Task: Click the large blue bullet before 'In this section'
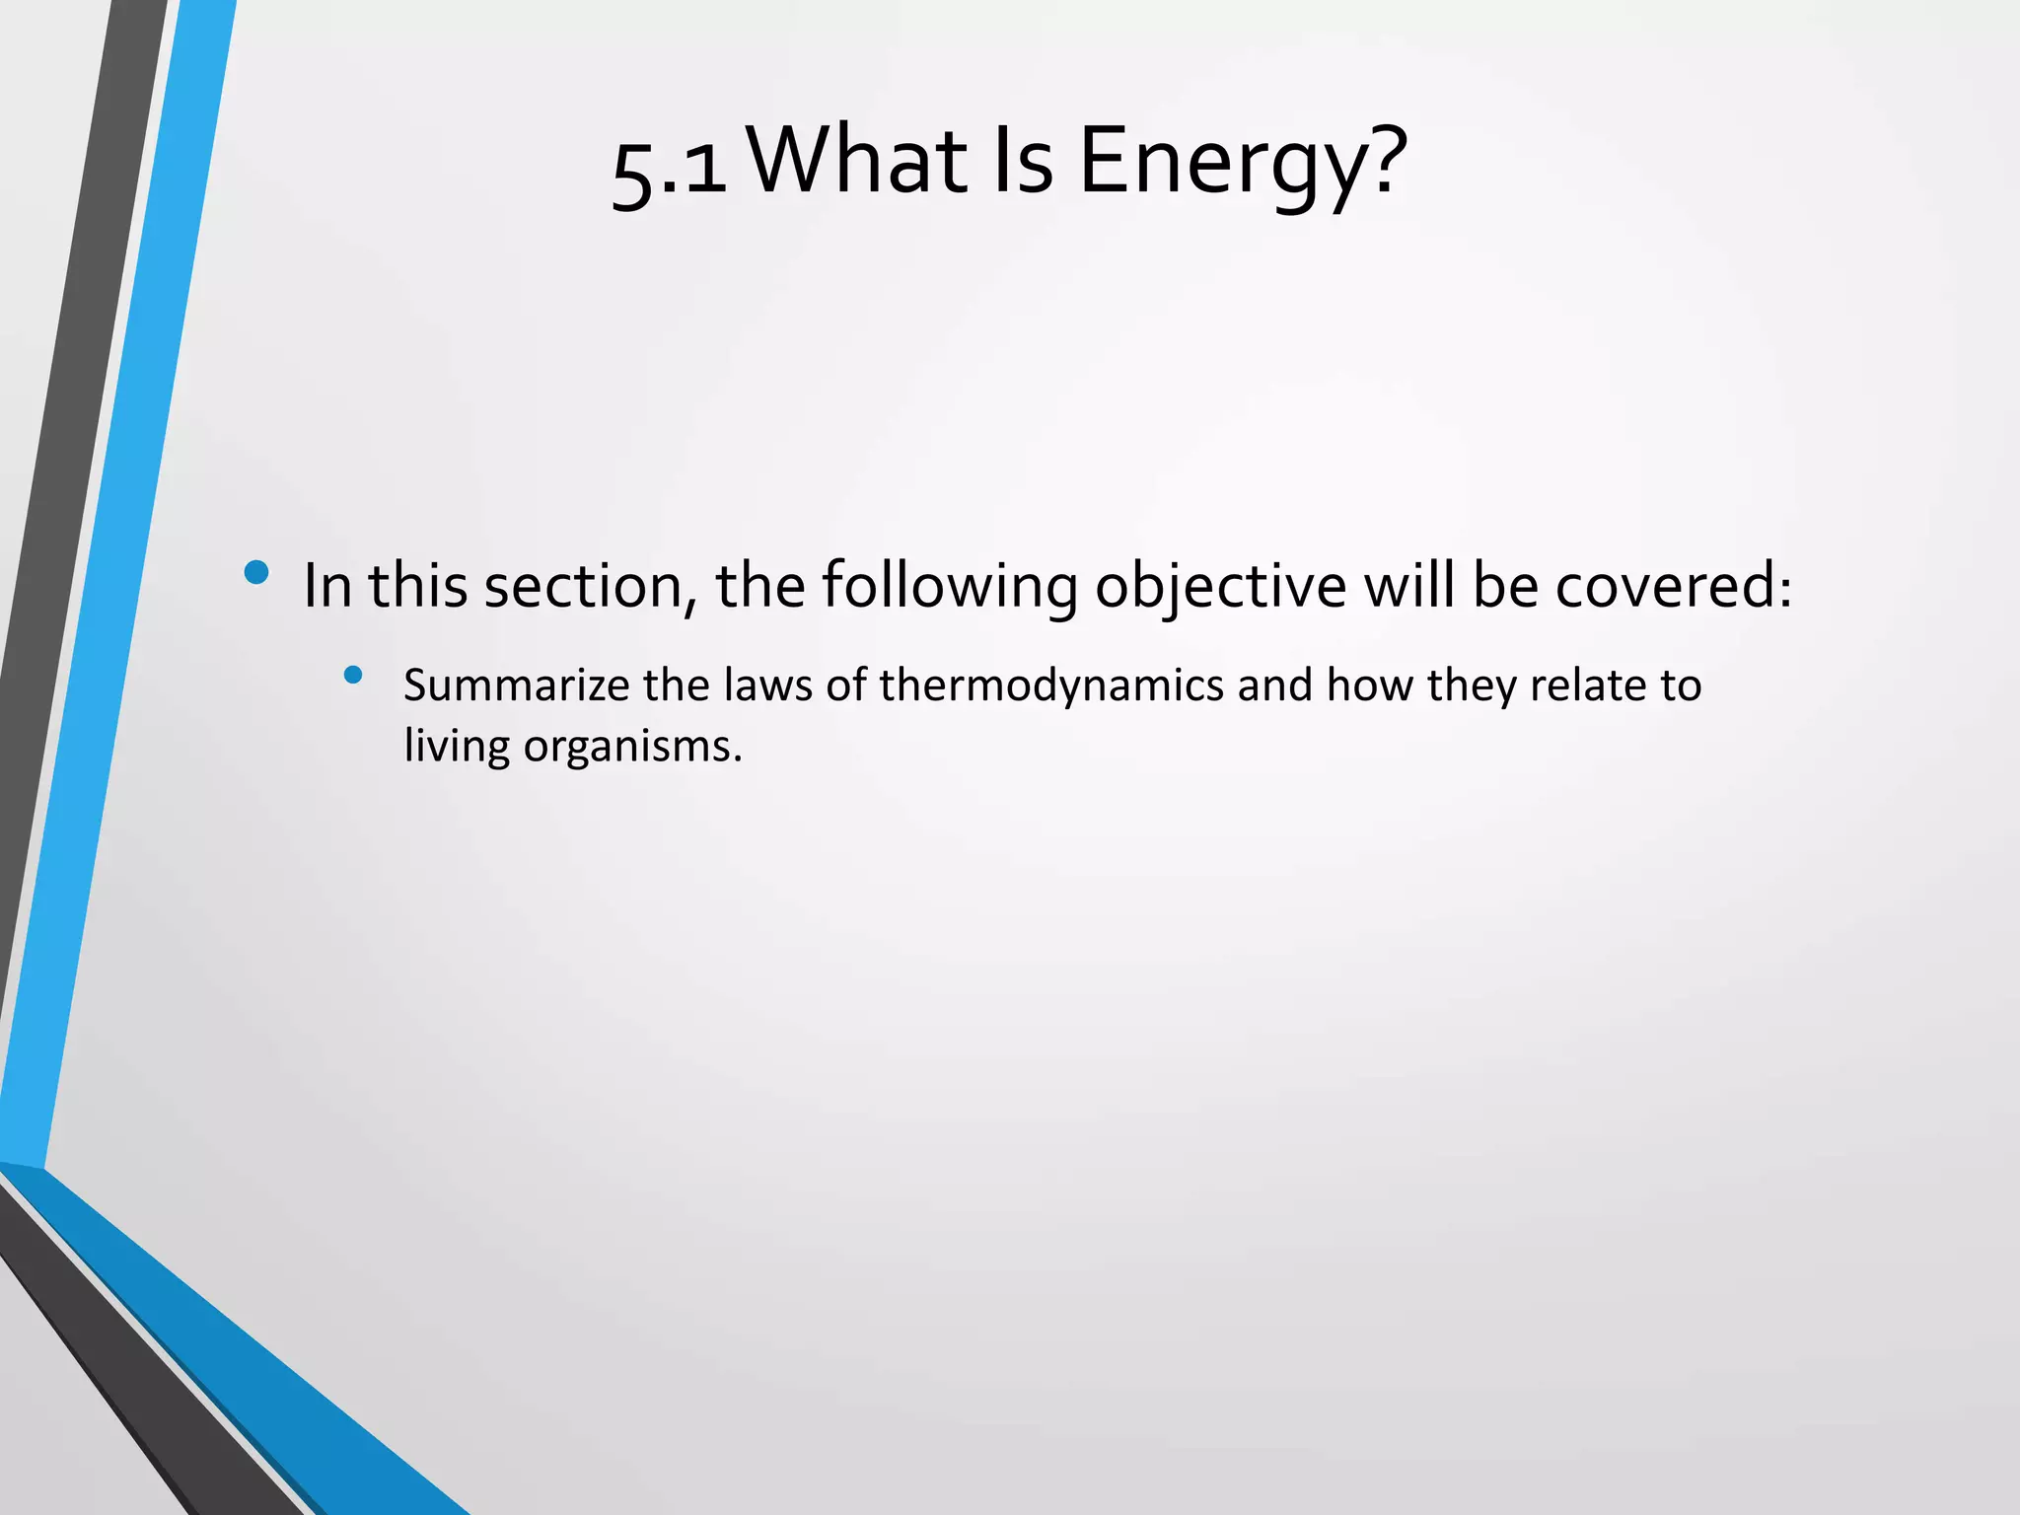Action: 256,573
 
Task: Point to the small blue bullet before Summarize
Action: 353,676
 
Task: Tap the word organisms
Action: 631,747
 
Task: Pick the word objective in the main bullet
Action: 1220,586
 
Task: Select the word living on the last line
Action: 456,747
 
